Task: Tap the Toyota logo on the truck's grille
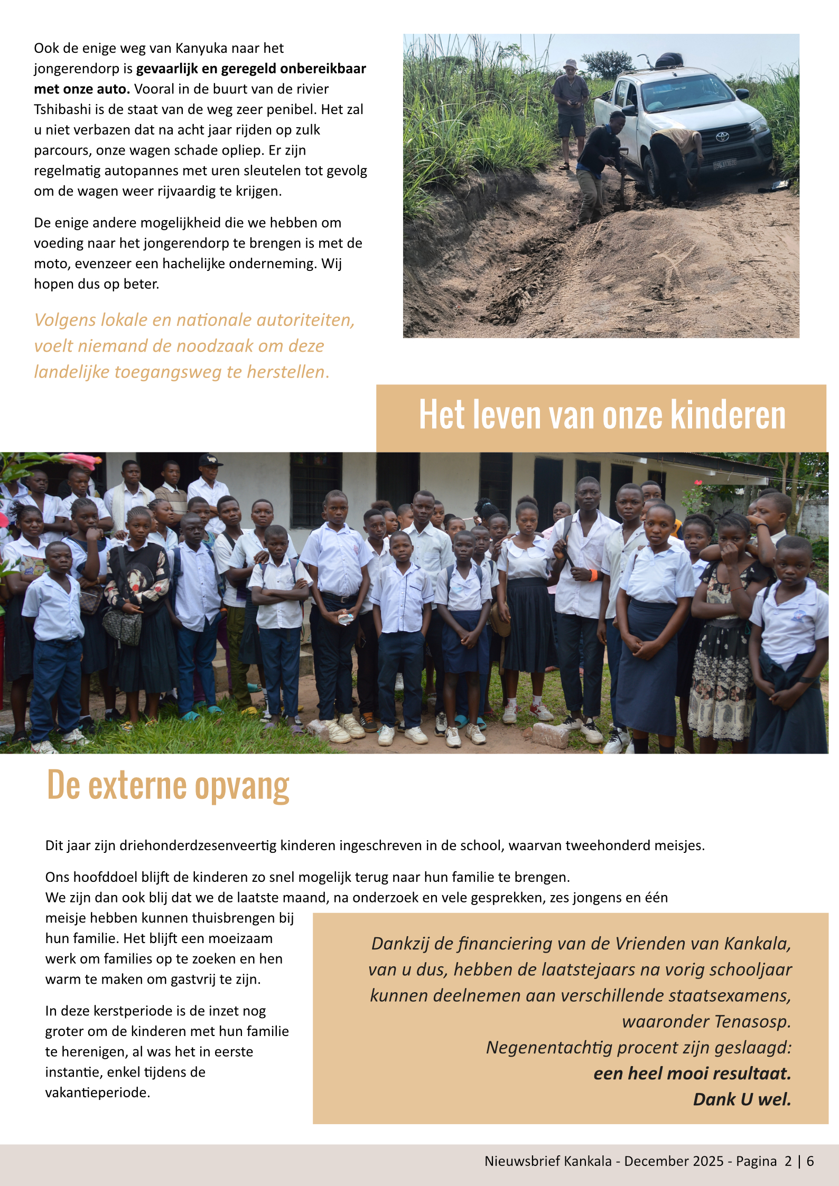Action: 722,137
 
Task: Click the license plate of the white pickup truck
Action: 725,164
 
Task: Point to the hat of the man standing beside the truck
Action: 570,64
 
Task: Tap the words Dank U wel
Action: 742,1099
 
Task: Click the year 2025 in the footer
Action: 707,1161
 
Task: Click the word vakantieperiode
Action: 97,1093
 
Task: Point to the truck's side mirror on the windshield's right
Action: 742,95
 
